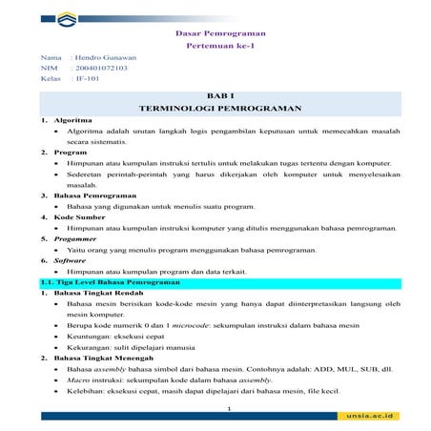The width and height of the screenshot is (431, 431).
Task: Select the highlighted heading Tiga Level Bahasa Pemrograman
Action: point(104,282)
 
